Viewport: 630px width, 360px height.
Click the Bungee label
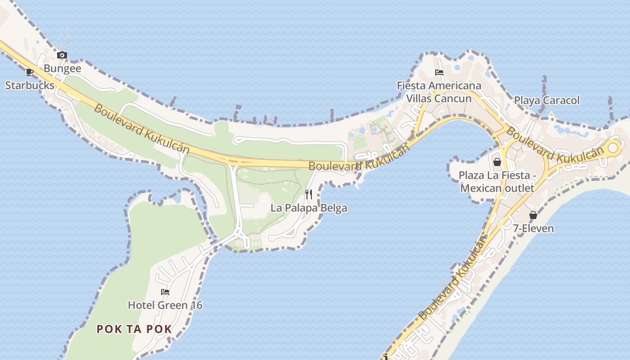63,68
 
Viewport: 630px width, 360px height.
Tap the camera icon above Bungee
62,55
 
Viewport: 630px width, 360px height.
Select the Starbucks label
30,85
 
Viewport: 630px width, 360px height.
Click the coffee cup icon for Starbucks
30,72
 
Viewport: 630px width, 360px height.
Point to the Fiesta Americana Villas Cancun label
439,92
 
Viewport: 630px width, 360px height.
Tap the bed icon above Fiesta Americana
439,72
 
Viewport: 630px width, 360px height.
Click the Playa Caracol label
547,100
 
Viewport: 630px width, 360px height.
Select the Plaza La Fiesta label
497,181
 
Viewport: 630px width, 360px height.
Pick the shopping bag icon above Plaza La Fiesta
497,162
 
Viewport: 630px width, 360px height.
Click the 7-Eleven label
533,228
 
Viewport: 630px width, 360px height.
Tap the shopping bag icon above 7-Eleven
533,215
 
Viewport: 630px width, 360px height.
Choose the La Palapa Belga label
309,208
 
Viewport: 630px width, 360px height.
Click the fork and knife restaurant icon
309,194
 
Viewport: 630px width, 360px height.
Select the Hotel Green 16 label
165,305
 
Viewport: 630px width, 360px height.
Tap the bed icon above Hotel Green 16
165,292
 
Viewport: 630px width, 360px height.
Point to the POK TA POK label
134,329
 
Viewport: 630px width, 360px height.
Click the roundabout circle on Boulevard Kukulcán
614,147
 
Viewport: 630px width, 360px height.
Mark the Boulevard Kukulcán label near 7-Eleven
454,279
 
